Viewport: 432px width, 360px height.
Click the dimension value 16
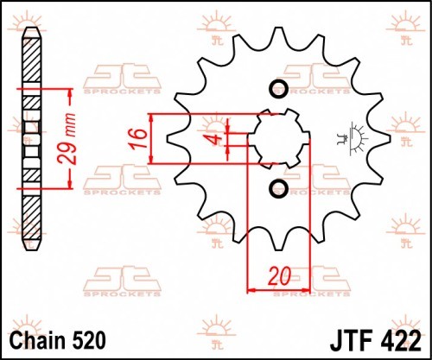138,138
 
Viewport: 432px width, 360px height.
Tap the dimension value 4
216,139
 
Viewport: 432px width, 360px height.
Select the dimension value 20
279,276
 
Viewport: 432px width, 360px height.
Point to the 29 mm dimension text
68,139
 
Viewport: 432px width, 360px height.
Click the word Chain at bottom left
37,341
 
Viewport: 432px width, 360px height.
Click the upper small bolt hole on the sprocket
278,88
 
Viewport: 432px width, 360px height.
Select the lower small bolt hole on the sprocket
278,188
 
